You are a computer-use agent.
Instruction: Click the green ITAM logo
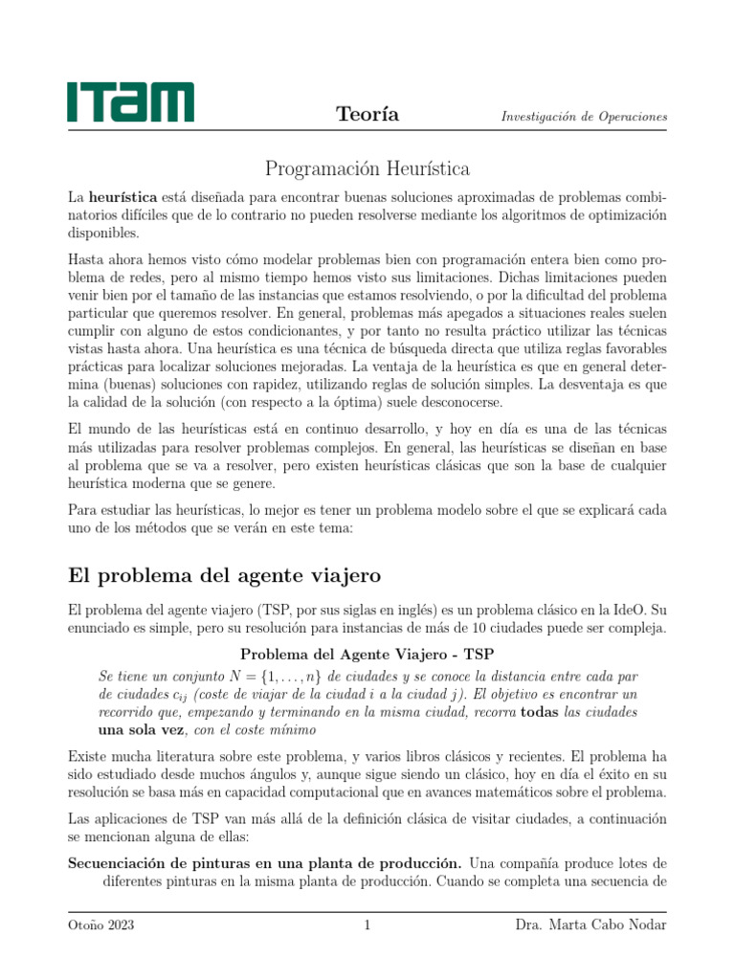130,101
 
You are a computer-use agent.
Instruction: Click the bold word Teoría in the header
367,115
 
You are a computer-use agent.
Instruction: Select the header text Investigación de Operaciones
584,117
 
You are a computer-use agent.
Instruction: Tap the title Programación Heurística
367,169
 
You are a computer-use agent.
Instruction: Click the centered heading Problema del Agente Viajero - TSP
367,655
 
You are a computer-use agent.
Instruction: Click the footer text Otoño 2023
100,925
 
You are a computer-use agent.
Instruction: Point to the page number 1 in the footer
367,925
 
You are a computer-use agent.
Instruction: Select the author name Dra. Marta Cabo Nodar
590,925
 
